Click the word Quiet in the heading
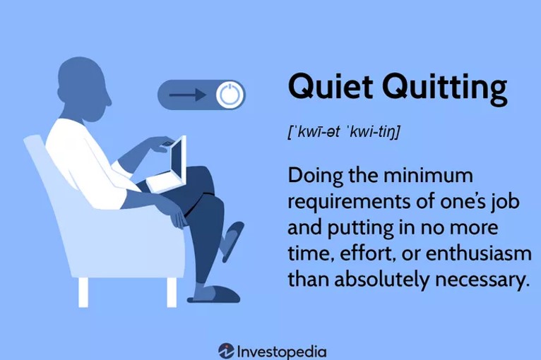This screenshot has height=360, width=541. (x=331, y=86)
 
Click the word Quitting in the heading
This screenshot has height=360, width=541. (x=445, y=88)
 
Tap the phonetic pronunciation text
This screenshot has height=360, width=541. (x=344, y=132)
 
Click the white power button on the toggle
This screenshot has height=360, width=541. (x=230, y=95)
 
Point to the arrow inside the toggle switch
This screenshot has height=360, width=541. (x=188, y=95)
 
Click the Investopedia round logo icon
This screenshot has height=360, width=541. (x=226, y=351)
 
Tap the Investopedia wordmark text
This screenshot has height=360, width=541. (x=282, y=352)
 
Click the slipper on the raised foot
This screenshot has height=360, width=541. (x=232, y=241)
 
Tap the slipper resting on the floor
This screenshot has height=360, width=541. (x=214, y=295)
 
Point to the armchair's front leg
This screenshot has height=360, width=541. (x=172, y=292)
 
